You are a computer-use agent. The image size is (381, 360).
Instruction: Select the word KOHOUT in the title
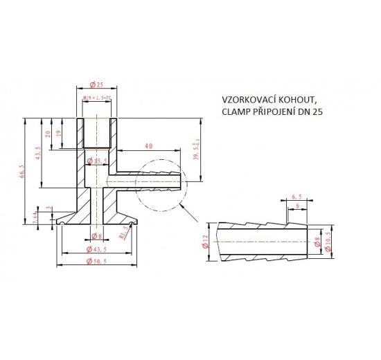click(x=303, y=100)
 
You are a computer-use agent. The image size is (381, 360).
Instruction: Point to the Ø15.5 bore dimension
click(x=97, y=161)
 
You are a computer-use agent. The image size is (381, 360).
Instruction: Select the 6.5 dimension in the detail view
click(x=296, y=197)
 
